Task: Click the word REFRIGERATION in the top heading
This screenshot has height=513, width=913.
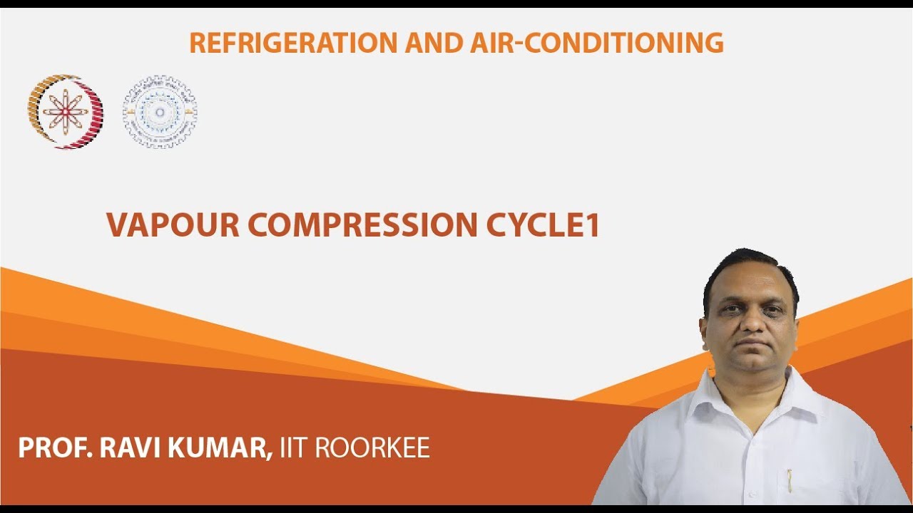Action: point(292,43)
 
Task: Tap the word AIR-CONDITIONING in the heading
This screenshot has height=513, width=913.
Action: point(597,43)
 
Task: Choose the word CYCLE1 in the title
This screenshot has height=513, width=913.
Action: point(544,225)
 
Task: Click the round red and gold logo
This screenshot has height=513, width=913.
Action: point(65,112)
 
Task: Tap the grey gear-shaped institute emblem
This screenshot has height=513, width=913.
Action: point(160,112)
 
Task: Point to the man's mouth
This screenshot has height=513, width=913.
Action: point(750,348)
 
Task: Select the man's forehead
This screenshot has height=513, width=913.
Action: point(749,285)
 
